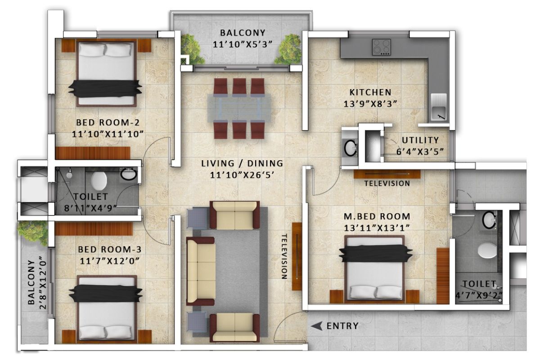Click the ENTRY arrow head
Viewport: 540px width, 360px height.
click(316, 326)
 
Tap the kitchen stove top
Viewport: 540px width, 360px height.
click(382, 47)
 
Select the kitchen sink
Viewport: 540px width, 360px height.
click(439, 107)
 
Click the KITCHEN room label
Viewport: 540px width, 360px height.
click(370, 92)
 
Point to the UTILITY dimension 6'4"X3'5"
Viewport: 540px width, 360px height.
click(420, 152)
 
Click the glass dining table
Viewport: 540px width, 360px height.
click(239, 108)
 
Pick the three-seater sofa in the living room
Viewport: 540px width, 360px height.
click(201, 271)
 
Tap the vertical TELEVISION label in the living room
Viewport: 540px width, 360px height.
click(285, 256)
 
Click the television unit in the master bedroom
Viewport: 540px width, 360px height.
click(387, 174)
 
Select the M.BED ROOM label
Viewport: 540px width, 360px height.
click(377, 216)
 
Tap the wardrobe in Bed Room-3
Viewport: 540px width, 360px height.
click(94, 229)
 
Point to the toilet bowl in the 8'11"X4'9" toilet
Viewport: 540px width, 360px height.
click(99, 180)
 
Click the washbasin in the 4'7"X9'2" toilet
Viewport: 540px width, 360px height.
click(489, 220)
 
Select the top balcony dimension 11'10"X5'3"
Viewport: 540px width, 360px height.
click(243, 45)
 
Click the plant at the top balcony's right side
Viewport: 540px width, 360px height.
click(289, 49)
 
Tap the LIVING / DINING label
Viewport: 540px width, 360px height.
click(242, 163)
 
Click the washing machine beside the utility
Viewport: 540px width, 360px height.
click(350, 148)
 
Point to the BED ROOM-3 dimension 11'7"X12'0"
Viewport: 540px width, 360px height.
click(110, 261)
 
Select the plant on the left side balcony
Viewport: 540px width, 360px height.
click(33, 232)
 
